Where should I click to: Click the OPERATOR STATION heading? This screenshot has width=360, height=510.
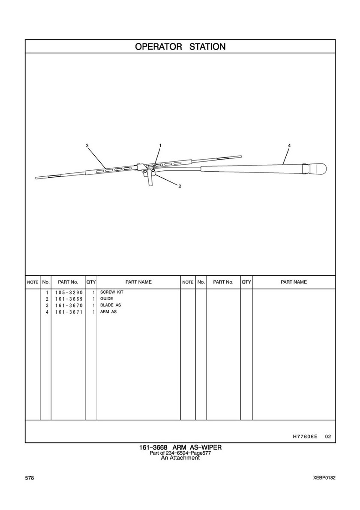click(180, 47)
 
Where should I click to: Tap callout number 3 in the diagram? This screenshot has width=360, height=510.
click(87, 146)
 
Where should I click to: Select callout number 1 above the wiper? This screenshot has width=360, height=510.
click(160, 146)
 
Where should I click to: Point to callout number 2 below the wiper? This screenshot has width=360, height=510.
click(180, 186)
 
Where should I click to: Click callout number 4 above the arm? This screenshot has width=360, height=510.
click(289, 146)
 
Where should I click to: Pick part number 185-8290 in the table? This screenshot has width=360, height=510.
click(68, 293)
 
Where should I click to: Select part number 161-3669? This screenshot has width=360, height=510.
click(68, 299)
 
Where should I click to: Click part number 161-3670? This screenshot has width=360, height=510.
click(68, 305)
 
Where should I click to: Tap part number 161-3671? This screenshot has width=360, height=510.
click(68, 312)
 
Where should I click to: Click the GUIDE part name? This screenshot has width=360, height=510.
click(107, 299)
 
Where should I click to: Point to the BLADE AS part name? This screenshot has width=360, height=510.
click(111, 305)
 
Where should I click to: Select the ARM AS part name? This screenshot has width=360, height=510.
click(108, 312)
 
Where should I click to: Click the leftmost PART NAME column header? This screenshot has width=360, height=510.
click(138, 282)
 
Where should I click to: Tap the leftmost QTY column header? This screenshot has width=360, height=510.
click(91, 282)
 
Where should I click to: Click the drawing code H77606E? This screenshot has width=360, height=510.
click(305, 437)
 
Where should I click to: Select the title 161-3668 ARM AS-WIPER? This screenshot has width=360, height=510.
click(180, 448)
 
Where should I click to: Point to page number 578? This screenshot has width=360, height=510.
click(30, 478)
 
